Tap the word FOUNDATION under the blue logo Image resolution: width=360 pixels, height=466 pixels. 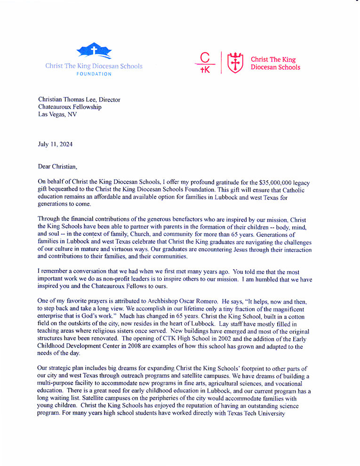pos(94,74)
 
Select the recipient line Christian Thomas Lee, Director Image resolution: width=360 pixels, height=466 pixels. pos(79,100)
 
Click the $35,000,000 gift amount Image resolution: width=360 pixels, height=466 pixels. pos(280,182)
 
